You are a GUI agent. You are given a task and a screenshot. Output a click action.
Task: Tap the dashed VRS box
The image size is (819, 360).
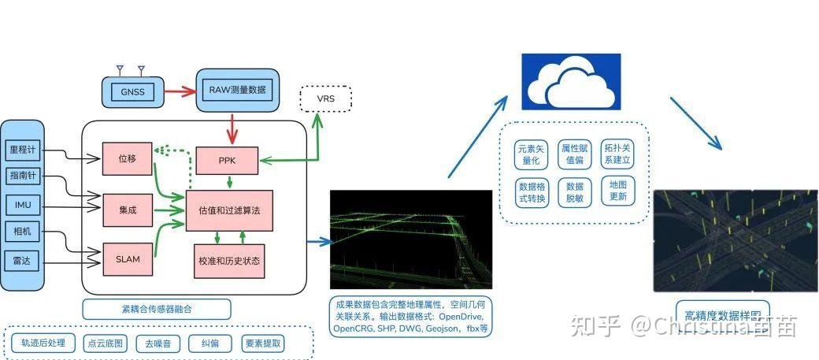pyautogui.click(x=325, y=99)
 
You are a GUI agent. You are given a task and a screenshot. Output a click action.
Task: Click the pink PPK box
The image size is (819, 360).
pyautogui.click(x=228, y=161)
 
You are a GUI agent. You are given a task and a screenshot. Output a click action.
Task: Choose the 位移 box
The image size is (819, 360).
pyautogui.click(x=127, y=159)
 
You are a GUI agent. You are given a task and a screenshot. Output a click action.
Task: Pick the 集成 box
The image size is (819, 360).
pyautogui.click(x=127, y=210)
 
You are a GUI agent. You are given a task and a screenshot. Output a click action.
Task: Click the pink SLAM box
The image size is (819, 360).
pyautogui.click(x=127, y=259)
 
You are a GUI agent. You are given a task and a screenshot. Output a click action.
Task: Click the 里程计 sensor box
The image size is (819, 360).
pyautogui.click(x=22, y=148)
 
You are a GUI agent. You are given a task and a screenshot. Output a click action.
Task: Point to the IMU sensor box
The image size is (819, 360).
pyautogui.click(x=22, y=205)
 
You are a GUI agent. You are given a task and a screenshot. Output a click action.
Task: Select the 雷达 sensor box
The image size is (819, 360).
pyautogui.click(x=22, y=261)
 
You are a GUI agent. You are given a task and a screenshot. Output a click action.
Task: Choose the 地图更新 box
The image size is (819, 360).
pyautogui.click(x=618, y=190)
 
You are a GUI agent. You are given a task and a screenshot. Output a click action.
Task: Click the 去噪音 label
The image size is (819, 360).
pyautogui.click(x=157, y=343)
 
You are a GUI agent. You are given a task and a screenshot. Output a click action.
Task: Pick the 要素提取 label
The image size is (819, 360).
pyautogui.click(x=263, y=343)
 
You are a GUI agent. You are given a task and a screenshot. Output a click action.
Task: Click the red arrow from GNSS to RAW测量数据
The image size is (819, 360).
pyautogui.click(x=176, y=90)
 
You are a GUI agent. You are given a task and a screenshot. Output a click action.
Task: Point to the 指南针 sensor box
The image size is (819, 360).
pyautogui.click(x=22, y=176)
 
